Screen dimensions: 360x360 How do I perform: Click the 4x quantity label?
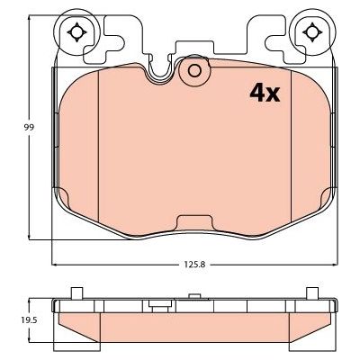[264, 92]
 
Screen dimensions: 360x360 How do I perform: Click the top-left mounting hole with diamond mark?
[76, 33]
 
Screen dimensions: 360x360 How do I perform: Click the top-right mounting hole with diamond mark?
[312, 33]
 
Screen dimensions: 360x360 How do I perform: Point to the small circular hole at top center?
[193, 73]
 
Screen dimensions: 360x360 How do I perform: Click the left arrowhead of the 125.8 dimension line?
[56, 265]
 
